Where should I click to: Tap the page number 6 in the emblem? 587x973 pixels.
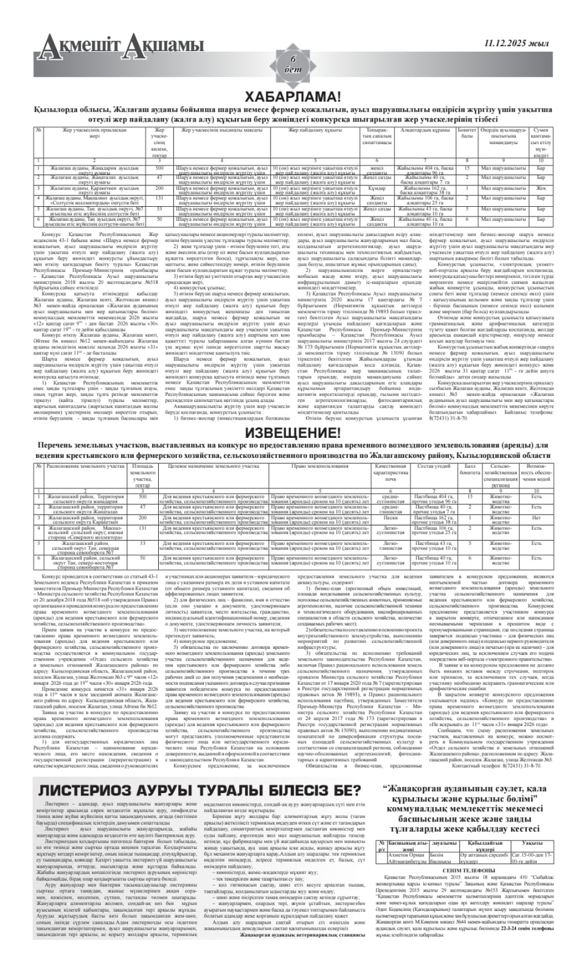tap(293, 59)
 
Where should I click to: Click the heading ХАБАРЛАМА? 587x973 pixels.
tap(293, 97)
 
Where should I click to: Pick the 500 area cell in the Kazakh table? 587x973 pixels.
tap(159, 167)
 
